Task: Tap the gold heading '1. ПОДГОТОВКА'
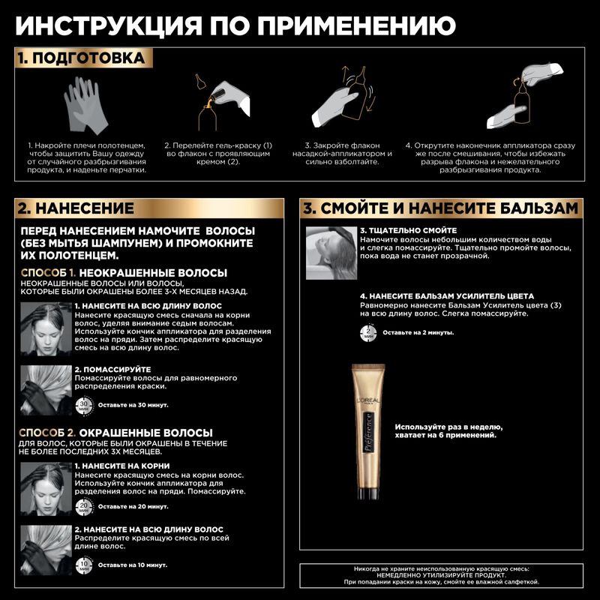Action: click(x=81, y=58)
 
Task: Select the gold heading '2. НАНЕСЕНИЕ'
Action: click(x=76, y=208)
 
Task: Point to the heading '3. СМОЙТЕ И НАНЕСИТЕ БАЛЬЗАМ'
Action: click(x=440, y=208)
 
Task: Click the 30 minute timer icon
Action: click(x=84, y=405)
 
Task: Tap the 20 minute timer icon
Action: click(x=84, y=508)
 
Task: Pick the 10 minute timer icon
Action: click(x=84, y=563)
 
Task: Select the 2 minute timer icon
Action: click(x=369, y=331)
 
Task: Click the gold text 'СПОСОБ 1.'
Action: click(x=48, y=272)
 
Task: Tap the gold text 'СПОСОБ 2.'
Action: click(x=48, y=433)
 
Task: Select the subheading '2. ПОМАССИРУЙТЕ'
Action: click(x=112, y=369)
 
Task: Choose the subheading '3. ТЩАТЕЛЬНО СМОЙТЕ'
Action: click(x=408, y=230)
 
